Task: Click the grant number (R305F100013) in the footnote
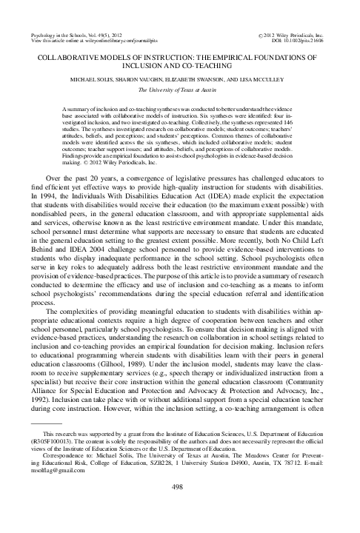point(49,455)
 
